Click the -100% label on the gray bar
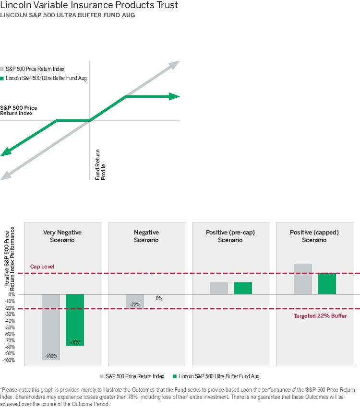point(50,356)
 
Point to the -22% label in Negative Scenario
point(135,304)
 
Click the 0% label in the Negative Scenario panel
point(159,298)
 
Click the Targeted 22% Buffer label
point(320,316)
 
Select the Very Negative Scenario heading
point(62,236)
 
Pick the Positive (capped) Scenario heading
point(314,236)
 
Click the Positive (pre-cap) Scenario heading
point(230,236)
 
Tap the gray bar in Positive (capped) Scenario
point(303,279)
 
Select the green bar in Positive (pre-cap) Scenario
point(243,288)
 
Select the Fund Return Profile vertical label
point(100,170)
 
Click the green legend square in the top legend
point(2,78)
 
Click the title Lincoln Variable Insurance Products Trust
point(89,6)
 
